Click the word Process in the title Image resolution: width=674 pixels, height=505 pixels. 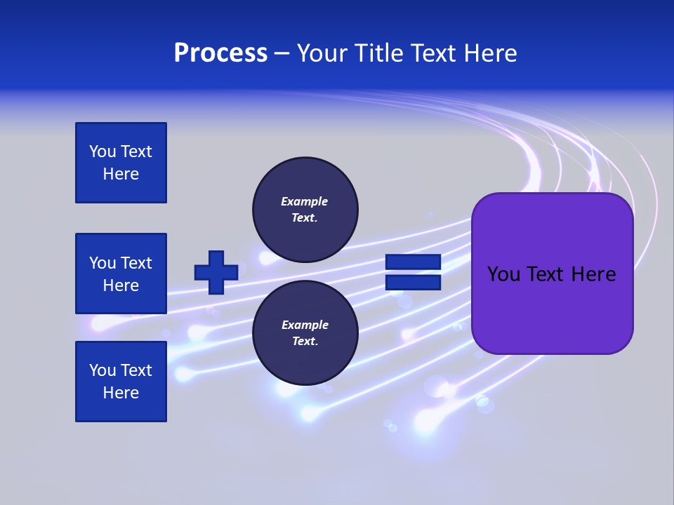click(220, 53)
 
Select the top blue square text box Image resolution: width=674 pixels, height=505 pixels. click(121, 163)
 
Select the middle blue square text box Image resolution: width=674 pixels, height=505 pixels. click(121, 274)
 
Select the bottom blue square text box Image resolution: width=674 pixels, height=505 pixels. click(121, 382)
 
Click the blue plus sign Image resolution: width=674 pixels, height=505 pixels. click(216, 272)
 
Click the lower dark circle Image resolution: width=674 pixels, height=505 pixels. click(305, 333)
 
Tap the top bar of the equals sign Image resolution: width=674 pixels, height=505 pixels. click(413, 262)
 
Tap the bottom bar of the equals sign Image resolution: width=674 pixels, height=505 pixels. click(413, 283)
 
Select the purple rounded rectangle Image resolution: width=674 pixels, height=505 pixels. click(552, 309)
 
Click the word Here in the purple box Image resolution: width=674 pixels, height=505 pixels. click(593, 274)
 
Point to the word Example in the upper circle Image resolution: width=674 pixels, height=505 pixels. click(305, 201)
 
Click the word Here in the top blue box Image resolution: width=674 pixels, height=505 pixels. click(121, 174)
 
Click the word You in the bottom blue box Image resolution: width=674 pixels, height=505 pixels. click(103, 370)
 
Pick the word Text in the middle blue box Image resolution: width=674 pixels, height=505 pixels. click(136, 263)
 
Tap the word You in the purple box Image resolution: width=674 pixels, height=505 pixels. click(503, 274)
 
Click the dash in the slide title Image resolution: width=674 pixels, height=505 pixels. click(282, 54)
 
